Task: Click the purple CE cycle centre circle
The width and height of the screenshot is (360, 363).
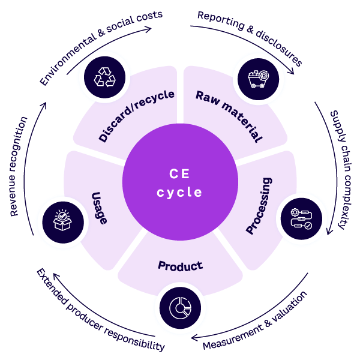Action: (x=179, y=182)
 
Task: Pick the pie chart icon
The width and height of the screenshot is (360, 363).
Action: (x=180, y=309)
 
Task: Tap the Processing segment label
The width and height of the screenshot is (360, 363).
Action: (x=259, y=205)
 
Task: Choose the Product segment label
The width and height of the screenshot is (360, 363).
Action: (x=180, y=265)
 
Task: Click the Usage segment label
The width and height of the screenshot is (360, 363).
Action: (x=100, y=208)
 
